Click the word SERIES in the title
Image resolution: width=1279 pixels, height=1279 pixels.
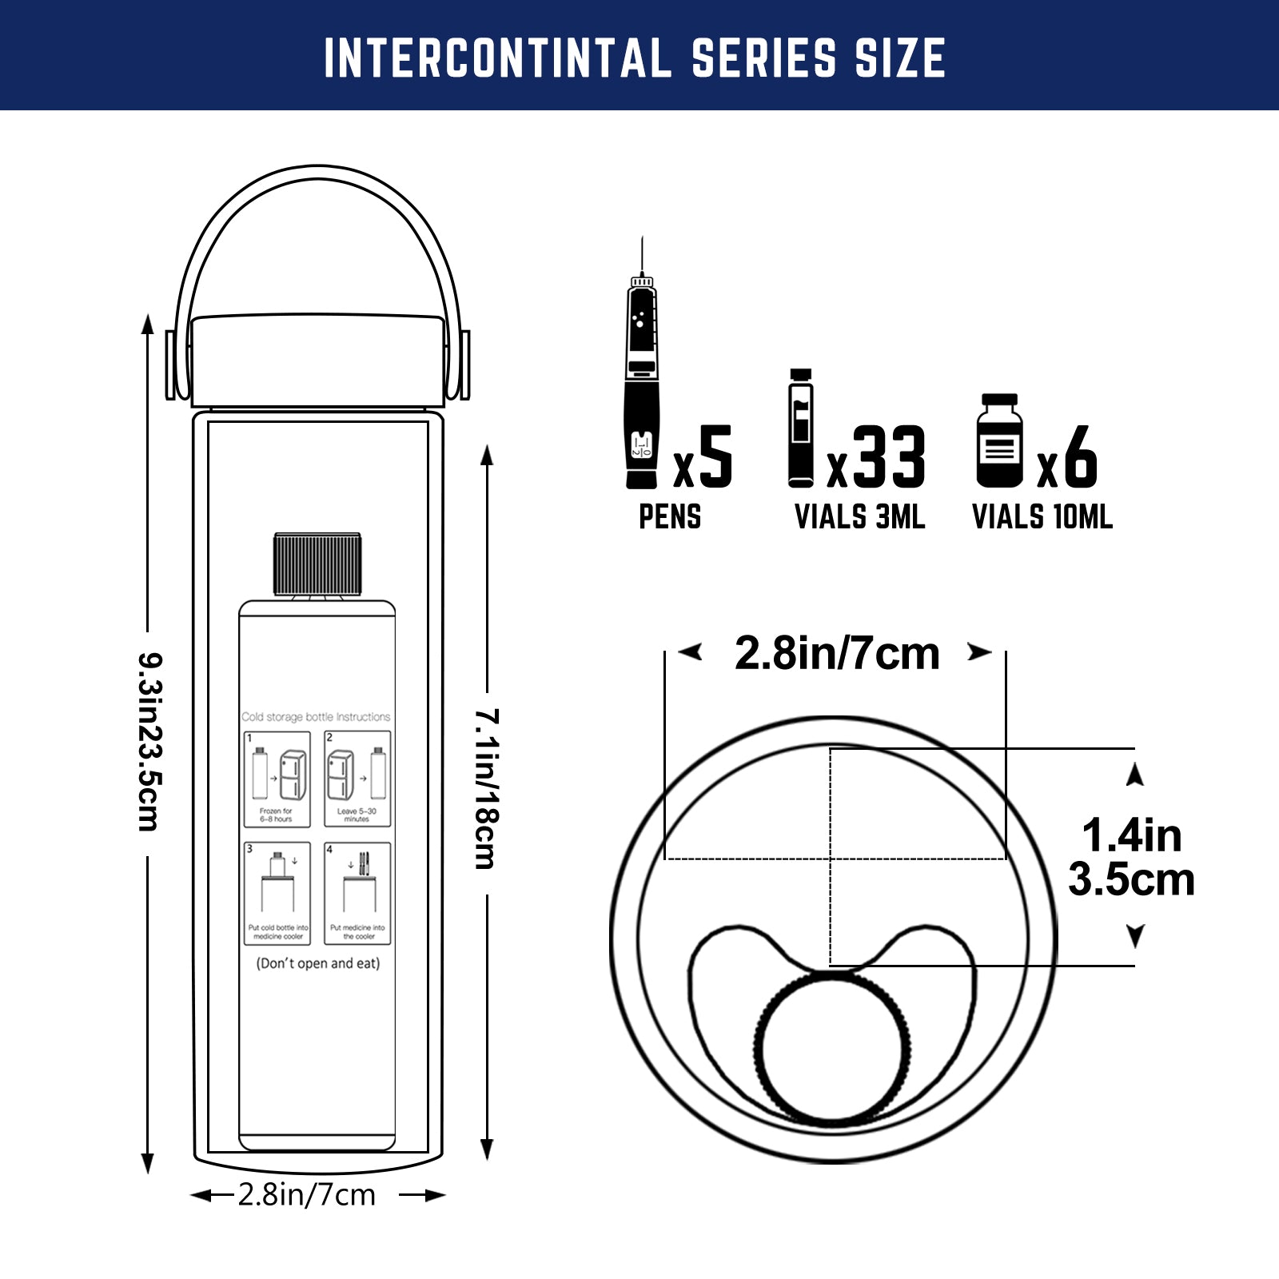tap(763, 58)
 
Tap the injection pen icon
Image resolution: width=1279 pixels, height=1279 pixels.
tap(642, 376)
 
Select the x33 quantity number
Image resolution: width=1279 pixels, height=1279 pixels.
tap(877, 457)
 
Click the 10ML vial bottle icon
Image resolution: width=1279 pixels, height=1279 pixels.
tap(999, 440)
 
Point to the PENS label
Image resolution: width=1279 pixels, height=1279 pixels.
tap(670, 517)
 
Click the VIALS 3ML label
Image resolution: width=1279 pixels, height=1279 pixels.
tap(859, 517)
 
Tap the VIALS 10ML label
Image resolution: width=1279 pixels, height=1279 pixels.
tap(1042, 517)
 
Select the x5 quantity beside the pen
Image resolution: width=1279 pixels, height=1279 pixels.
tap(703, 457)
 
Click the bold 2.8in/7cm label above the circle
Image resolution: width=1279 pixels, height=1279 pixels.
tap(836, 654)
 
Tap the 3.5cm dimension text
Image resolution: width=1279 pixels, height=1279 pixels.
tap(1131, 880)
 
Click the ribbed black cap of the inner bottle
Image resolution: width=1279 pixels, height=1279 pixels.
tap(317, 564)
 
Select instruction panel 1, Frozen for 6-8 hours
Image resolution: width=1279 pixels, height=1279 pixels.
tap(277, 779)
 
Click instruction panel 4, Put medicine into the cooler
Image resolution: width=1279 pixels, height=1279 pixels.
tap(357, 893)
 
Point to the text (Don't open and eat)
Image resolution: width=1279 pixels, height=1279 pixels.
tap(318, 963)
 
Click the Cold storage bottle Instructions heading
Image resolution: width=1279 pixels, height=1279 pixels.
tap(317, 717)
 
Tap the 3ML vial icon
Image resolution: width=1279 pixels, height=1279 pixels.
tap(801, 428)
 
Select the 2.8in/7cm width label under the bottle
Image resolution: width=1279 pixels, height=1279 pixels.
tap(307, 1195)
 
